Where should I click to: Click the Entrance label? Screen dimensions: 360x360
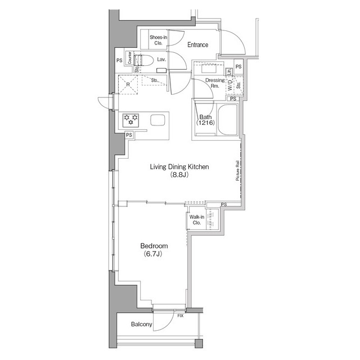(197, 45)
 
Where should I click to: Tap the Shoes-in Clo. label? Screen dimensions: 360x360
(158, 40)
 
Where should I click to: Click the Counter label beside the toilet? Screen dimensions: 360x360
(129, 58)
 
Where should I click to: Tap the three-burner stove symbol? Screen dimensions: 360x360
(131, 120)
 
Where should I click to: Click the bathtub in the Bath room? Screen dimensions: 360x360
(227, 119)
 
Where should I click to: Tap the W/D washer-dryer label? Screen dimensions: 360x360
(231, 84)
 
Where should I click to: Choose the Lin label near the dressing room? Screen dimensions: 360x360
(229, 71)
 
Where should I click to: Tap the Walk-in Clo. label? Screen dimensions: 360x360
(196, 220)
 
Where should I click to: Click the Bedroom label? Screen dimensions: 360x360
(154, 246)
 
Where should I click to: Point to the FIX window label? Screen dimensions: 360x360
(180, 316)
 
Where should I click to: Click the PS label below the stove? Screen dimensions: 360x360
(129, 135)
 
